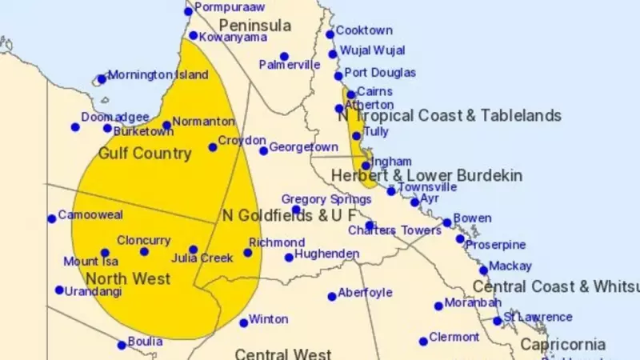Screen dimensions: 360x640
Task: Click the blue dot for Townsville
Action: (x=391, y=190)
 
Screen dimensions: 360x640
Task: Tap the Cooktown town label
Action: (x=364, y=30)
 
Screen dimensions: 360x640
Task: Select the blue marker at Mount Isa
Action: (x=105, y=253)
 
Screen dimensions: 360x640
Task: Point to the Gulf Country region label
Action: (x=145, y=153)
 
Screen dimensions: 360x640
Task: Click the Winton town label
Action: (x=268, y=319)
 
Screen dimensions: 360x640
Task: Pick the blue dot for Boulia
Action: (x=122, y=346)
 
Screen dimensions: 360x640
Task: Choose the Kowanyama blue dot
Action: (x=193, y=35)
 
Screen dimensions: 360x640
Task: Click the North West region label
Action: (x=128, y=278)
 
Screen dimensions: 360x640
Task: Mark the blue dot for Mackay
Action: (x=483, y=270)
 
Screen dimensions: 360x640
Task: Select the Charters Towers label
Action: (x=394, y=230)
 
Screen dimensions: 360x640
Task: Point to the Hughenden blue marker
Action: (x=289, y=258)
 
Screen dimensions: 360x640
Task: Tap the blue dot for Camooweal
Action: (x=52, y=218)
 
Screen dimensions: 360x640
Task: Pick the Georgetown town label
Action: (x=303, y=147)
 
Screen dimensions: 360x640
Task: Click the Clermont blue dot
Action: (x=423, y=342)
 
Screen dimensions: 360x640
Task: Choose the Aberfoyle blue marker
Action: (x=332, y=297)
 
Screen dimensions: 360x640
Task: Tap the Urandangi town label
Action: (x=94, y=291)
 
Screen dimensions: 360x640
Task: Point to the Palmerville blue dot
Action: (x=284, y=57)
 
